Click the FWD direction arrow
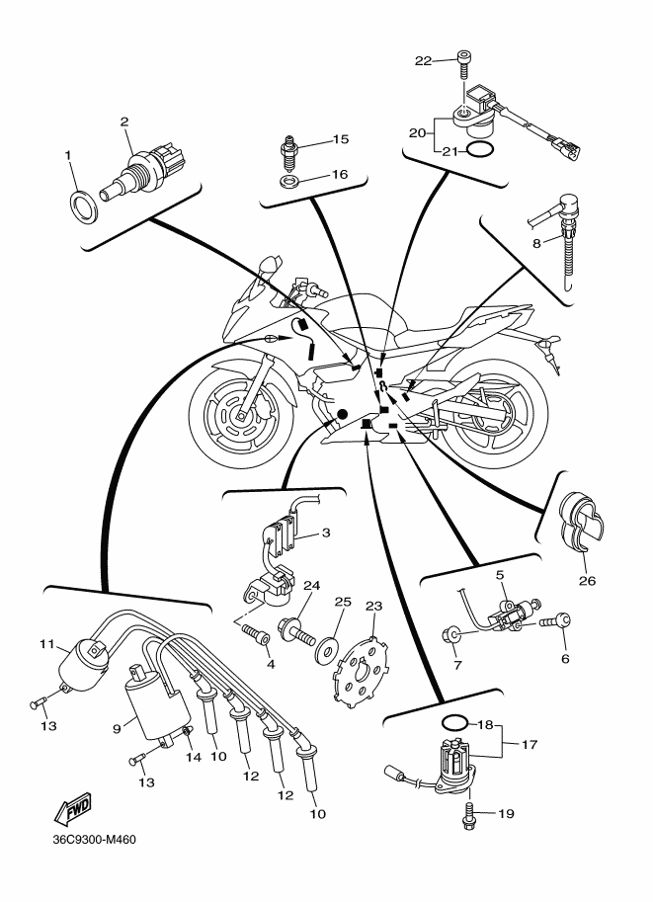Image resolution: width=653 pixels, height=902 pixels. point(72,808)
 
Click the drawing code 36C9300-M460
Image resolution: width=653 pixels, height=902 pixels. point(95,840)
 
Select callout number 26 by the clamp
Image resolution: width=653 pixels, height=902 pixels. point(587,581)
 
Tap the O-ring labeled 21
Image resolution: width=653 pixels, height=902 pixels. point(480,149)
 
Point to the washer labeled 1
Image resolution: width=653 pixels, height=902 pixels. point(83,205)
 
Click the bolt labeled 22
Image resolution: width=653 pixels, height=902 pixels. point(464,64)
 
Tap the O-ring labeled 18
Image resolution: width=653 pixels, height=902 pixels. point(455,722)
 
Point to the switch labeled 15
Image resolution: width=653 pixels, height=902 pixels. point(288,152)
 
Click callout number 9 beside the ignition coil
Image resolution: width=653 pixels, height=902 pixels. point(117,728)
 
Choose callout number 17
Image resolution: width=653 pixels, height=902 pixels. point(530,744)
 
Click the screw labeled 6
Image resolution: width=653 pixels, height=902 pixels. point(556,621)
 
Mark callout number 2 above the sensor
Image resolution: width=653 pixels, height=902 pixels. point(124,122)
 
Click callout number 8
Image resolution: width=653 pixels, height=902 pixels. point(536,243)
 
